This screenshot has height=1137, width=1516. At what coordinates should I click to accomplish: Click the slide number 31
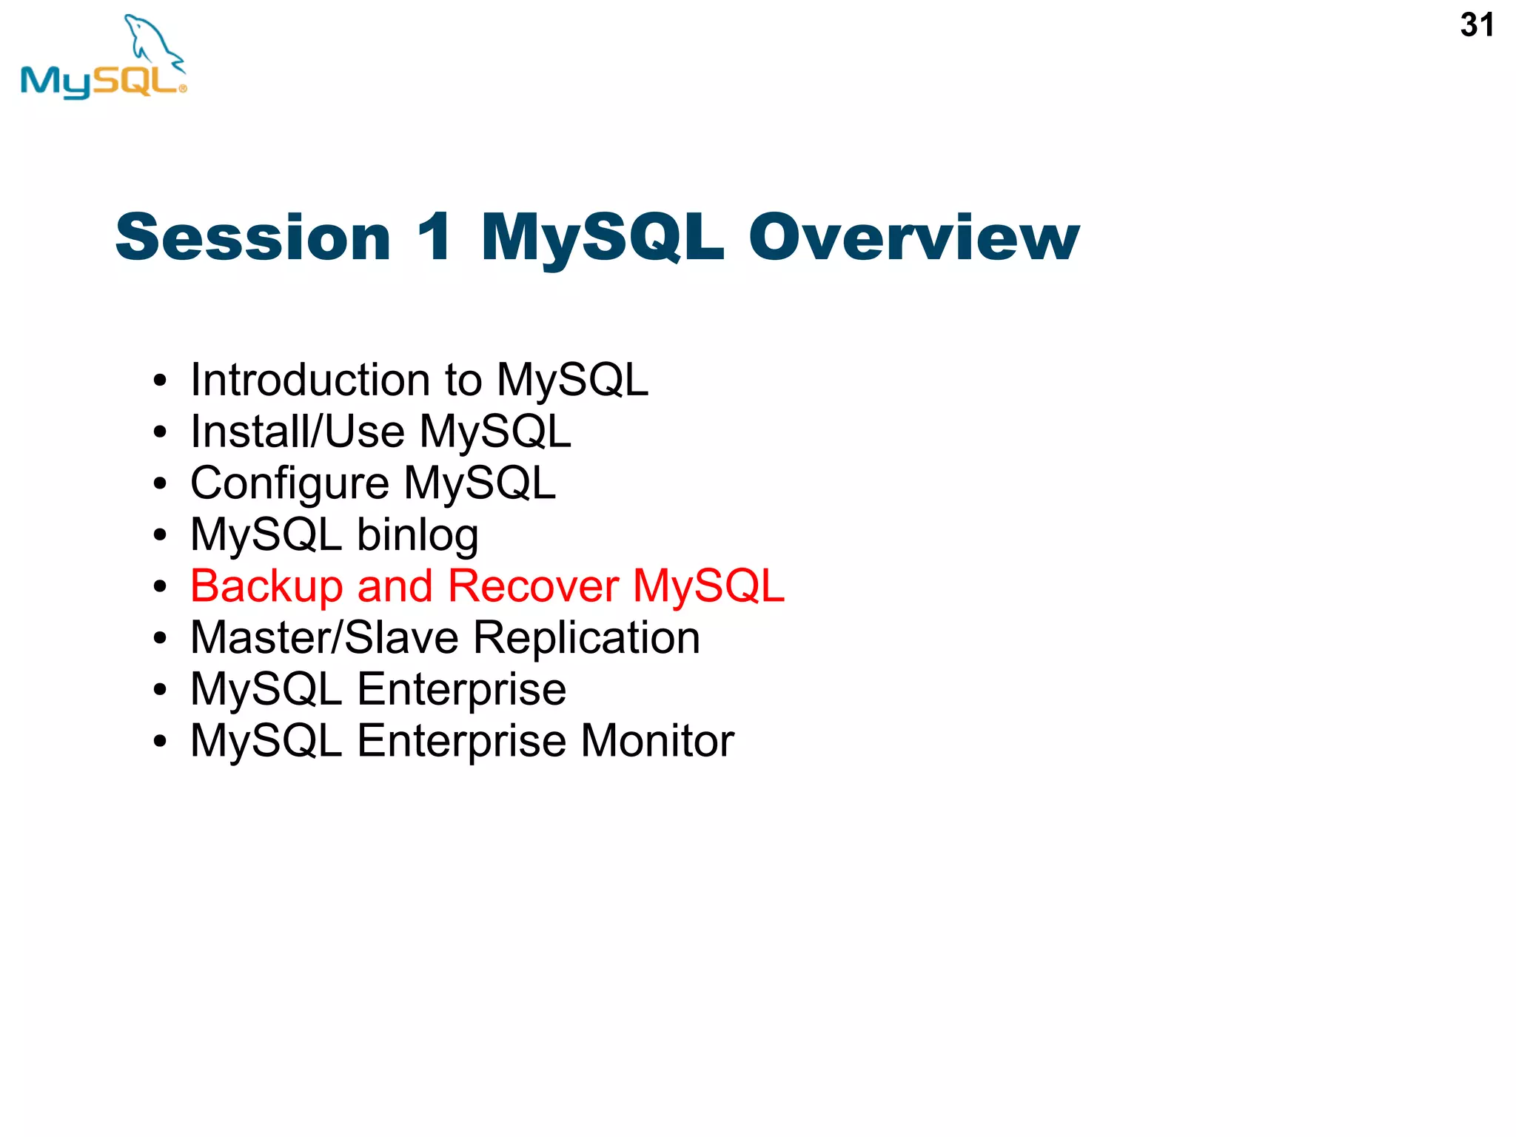(1476, 25)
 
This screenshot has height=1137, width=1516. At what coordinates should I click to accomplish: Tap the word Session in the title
(253, 238)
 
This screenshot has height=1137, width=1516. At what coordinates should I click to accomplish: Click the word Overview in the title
(913, 238)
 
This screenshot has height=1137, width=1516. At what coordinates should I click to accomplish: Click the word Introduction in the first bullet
(310, 380)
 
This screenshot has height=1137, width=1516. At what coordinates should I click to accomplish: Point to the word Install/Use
(298, 432)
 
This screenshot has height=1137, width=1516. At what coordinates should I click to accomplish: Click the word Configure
(289, 484)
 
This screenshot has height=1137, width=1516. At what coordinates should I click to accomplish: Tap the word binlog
(417, 535)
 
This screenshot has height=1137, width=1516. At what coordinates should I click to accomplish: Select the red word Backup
(266, 586)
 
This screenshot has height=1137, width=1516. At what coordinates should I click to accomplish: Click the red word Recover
(533, 586)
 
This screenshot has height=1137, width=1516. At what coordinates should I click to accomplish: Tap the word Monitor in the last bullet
(657, 741)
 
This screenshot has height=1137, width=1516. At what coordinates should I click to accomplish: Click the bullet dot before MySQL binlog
(160, 536)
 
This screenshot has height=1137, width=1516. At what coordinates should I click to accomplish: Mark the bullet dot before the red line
(160, 588)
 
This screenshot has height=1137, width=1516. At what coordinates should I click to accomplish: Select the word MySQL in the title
(602, 238)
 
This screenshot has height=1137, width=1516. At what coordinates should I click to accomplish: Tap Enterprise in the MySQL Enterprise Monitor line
(461, 741)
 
